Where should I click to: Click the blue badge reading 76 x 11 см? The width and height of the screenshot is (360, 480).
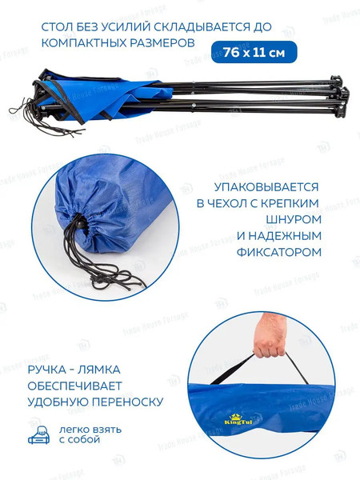(254, 52)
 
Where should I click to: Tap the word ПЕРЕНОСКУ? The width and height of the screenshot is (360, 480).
(126, 401)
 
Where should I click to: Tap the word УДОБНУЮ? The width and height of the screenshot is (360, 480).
(61, 401)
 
